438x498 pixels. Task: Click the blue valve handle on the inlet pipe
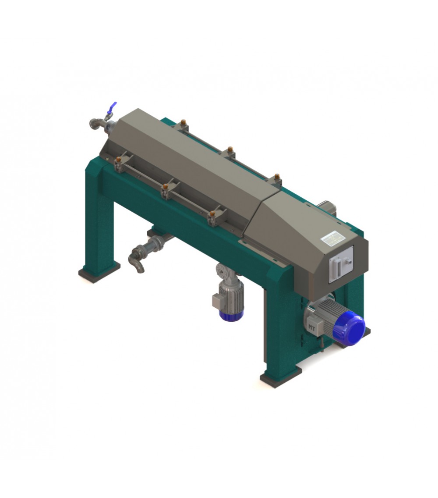point(113,107)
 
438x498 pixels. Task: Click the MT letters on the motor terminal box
point(312,327)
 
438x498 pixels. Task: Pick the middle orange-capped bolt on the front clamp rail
point(166,188)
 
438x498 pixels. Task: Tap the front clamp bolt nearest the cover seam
point(212,214)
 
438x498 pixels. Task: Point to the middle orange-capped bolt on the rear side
point(230,149)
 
